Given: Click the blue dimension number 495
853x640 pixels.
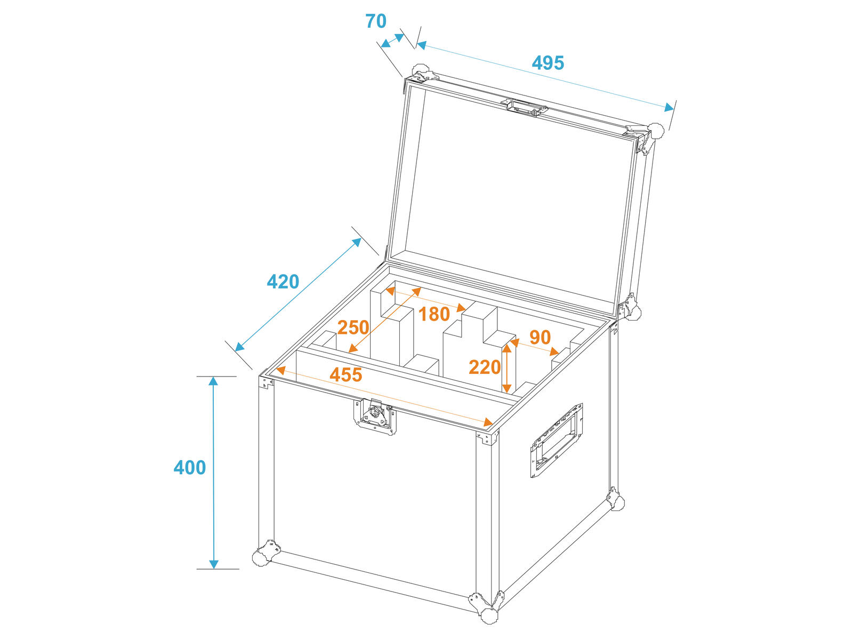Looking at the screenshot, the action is point(548,62).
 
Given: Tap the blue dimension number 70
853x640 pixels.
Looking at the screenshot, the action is point(376,21).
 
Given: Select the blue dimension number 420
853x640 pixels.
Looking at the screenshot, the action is point(283,282).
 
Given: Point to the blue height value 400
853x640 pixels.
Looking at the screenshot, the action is point(189,468).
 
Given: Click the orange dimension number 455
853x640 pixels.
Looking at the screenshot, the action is point(345,375).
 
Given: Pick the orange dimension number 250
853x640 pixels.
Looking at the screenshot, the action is point(353,327).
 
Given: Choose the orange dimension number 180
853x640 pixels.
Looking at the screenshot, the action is point(433,314).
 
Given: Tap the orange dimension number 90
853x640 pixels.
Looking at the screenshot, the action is point(540,337).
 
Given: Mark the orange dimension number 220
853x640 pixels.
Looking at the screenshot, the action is point(485,367).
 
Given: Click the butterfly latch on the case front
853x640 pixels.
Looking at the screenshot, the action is point(375,416).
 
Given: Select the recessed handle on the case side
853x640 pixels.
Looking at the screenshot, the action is point(556,441).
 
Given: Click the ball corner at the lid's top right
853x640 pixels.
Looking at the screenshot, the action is point(656,131).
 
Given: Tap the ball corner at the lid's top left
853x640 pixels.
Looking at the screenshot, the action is point(420,73).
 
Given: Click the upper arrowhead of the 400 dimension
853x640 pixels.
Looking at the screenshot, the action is point(213,381).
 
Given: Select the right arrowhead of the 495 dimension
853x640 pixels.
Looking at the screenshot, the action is point(669,108).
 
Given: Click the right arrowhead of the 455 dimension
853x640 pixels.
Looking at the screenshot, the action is point(488,422).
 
